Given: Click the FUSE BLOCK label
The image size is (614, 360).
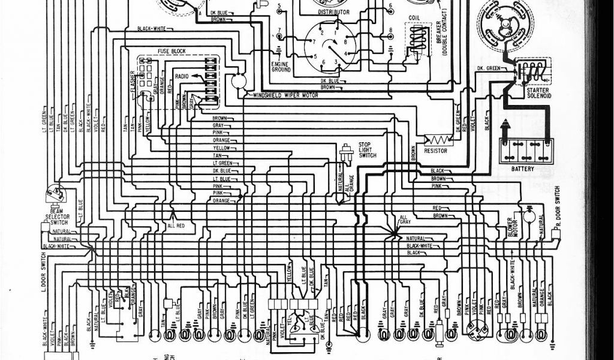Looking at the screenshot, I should pyautogui.click(x=171, y=51).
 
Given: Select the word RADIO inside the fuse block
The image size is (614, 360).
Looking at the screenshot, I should pyautogui.click(x=182, y=76).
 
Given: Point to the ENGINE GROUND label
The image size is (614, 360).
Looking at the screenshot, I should pyautogui.click(x=281, y=67).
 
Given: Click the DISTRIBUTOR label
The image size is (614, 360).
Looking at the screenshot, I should pyautogui.click(x=333, y=12).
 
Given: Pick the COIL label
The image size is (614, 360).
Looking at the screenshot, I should pyautogui.click(x=414, y=17).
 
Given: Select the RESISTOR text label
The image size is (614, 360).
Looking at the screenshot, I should pyautogui.click(x=435, y=151).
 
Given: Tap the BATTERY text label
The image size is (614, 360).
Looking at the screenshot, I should pyautogui.click(x=523, y=169).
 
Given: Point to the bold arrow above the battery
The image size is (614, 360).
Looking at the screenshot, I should pyautogui.click(x=505, y=127).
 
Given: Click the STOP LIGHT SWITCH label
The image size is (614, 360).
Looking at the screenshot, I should pyautogui.click(x=367, y=150).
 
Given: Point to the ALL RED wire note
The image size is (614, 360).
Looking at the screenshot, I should pyautogui.click(x=176, y=225).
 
